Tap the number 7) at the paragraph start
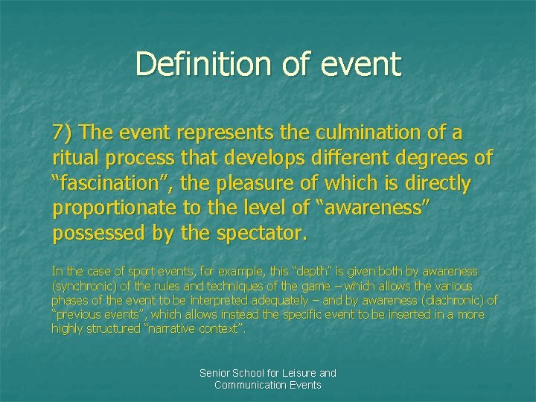[63, 133]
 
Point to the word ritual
[76, 158]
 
